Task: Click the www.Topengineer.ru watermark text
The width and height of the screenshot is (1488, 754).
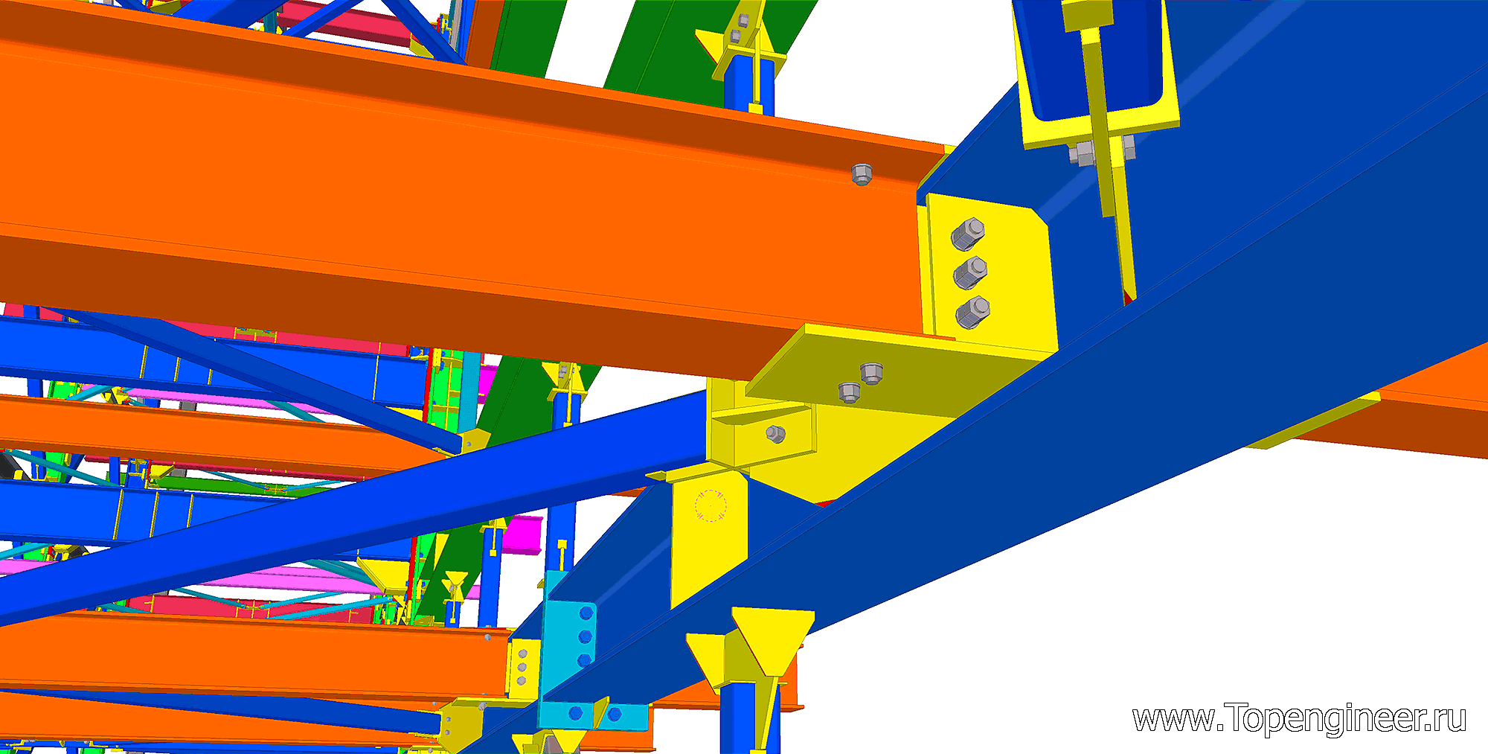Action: tap(1299, 719)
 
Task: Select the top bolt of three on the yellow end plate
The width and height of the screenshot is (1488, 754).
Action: tap(967, 234)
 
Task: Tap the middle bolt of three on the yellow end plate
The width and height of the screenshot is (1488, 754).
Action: tap(970, 272)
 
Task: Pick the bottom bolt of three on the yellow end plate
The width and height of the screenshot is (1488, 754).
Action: tap(972, 313)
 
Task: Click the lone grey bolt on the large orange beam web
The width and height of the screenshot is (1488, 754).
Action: tap(862, 174)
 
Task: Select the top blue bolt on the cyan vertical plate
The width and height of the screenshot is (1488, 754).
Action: tap(586, 613)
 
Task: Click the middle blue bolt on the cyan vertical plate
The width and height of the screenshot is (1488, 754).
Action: tap(585, 637)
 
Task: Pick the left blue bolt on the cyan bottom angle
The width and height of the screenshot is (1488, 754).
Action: tap(575, 714)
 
